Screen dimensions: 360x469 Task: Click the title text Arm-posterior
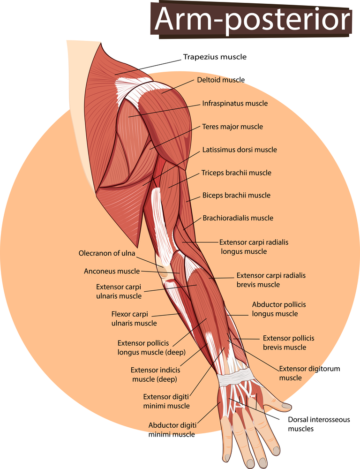(x=252, y=19)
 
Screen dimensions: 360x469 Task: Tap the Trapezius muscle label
(x=215, y=57)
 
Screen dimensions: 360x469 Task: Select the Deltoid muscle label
(x=221, y=80)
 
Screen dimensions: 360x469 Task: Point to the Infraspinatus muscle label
(x=235, y=104)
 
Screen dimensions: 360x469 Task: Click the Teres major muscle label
(x=232, y=127)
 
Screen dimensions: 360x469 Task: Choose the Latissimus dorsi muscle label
(x=240, y=150)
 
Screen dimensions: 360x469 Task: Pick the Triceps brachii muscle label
(x=236, y=173)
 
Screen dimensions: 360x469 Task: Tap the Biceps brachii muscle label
(x=236, y=195)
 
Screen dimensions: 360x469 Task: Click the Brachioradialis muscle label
(x=238, y=218)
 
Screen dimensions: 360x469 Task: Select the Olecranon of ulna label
(x=107, y=253)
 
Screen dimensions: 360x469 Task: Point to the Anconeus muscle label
(x=112, y=271)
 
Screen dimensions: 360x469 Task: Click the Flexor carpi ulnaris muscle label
(x=134, y=318)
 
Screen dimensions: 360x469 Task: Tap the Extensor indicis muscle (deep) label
(x=155, y=374)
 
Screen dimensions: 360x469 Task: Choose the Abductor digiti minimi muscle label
(x=172, y=430)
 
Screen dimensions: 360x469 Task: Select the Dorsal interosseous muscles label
(x=319, y=424)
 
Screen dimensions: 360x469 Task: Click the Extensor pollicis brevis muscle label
(x=289, y=343)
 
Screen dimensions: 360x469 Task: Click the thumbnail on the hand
(x=286, y=406)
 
